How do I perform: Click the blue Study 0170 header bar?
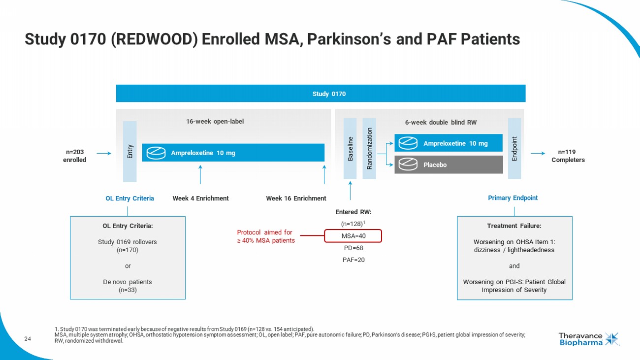point(320,94)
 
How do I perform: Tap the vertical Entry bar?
point(129,152)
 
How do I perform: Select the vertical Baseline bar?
point(350,149)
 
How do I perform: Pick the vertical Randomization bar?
point(369,149)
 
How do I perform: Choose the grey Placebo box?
point(448,164)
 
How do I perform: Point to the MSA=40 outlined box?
point(353,236)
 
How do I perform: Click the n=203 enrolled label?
point(74,156)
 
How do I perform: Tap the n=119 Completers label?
point(568,156)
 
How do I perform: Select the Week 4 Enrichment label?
point(200,198)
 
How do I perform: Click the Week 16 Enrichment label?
point(296,198)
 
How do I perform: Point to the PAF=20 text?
point(353,260)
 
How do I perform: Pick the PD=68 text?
point(353,248)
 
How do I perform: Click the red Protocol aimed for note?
point(264,236)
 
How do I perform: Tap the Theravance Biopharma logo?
point(589,339)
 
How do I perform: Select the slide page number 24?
point(28,338)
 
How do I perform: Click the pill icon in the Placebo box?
point(409,164)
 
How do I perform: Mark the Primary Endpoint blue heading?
point(512,198)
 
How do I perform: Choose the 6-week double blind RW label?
point(441,123)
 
